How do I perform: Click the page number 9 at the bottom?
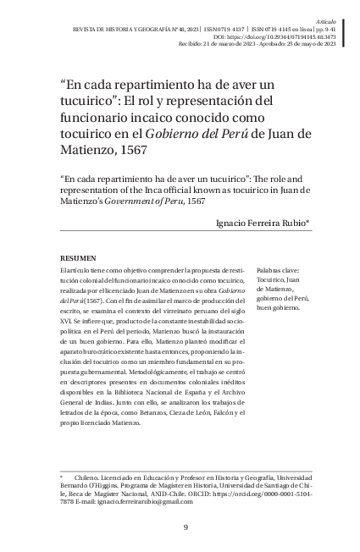point(185,529)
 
